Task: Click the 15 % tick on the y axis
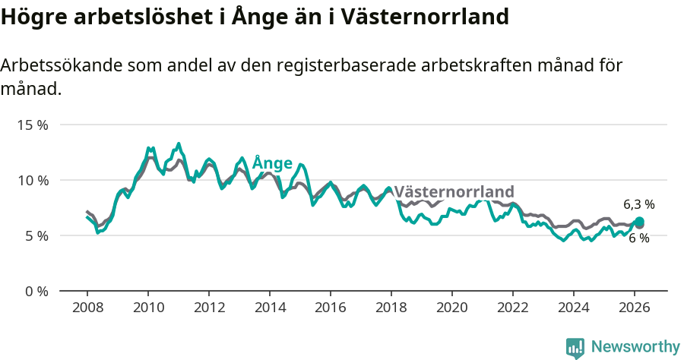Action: pos(33,125)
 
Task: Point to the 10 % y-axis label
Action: pos(33,180)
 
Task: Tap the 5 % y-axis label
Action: pos(36,235)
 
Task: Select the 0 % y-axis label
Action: pos(36,291)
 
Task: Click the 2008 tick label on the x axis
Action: pos(87,307)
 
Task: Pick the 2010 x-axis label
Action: pos(148,307)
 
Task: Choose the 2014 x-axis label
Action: pos(270,307)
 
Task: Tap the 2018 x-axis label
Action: pos(391,307)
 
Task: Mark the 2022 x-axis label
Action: pos(513,307)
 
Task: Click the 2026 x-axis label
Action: pos(635,307)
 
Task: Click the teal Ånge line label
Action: pos(272,163)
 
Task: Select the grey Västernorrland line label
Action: pos(454,191)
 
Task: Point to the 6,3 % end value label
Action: pos(638,204)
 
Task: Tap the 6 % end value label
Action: pos(638,238)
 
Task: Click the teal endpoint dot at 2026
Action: pos(639,222)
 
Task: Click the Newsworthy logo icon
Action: pos(575,348)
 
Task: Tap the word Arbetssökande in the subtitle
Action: pos(59,65)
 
